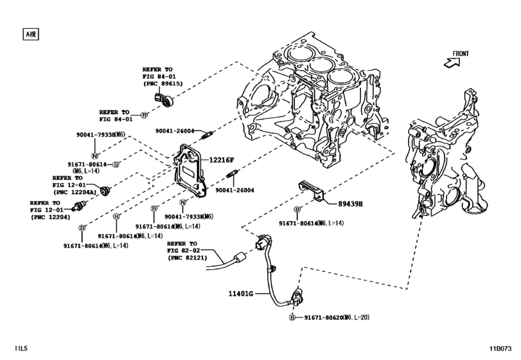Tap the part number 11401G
[x=242, y=294]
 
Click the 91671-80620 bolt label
[x=325, y=318]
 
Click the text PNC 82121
[x=189, y=257]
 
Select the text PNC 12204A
[x=76, y=191]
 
